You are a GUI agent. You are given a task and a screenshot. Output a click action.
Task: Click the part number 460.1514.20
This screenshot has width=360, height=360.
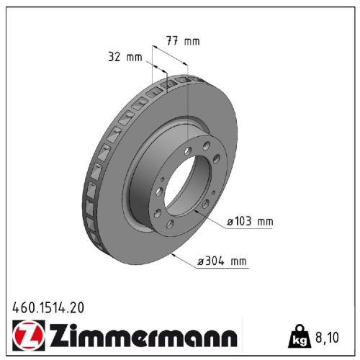pyautogui.click(x=48, y=307)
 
